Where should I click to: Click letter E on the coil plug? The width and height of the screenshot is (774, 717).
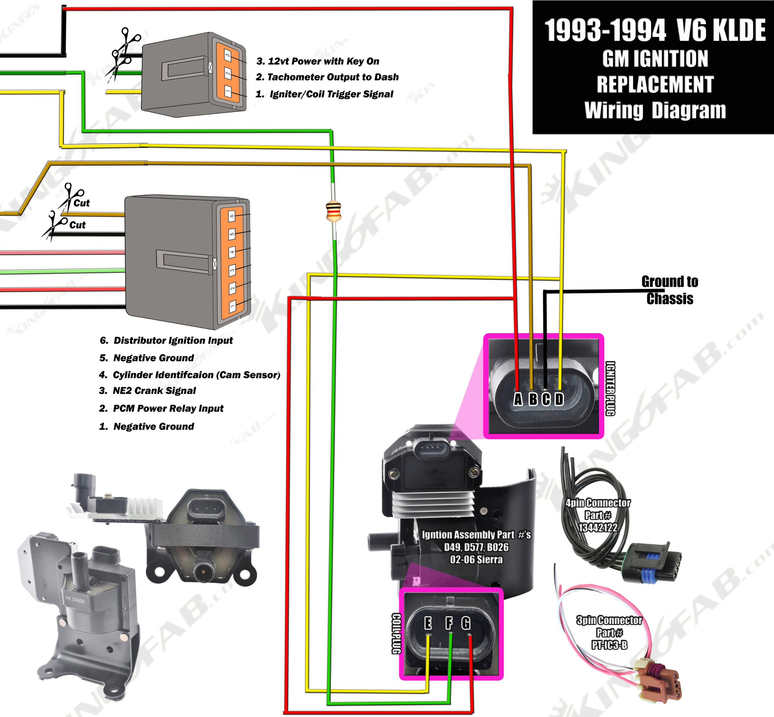pyautogui.click(x=428, y=623)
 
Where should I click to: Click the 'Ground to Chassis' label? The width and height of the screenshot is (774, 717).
pyautogui.click(x=670, y=290)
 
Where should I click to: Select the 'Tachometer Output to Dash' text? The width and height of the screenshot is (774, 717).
pyautogui.click(x=333, y=77)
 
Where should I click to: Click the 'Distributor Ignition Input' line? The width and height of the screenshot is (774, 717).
pyautogui.click(x=173, y=340)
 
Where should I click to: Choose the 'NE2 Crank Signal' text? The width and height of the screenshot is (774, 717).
pyautogui.click(x=154, y=391)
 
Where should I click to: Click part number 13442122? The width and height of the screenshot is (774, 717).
pyautogui.click(x=597, y=528)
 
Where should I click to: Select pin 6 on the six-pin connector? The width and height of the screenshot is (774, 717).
pyautogui.click(x=232, y=216)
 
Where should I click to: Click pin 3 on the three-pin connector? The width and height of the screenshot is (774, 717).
pyautogui.click(x=228, y=55)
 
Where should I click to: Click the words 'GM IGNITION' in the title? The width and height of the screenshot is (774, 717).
pyautogui.click(x=655, y=59)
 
